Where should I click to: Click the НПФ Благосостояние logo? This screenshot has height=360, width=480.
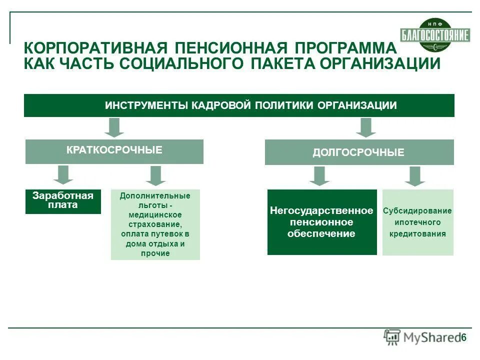point(434,34)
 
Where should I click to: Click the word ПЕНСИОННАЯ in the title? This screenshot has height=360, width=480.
point(231,49)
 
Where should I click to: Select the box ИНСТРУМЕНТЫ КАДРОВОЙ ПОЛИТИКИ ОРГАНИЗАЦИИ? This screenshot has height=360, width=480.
point(239,105)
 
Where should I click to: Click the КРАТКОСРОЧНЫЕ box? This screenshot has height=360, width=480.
point(114,151)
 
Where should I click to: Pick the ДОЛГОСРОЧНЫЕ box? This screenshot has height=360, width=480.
point(359,152)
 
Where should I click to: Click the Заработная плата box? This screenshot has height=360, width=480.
point(63,201)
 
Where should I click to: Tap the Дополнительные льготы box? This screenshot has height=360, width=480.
point(155,224)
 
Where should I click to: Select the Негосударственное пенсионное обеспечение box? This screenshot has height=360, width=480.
point(321,222)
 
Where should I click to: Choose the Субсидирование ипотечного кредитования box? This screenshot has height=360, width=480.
point(417,222)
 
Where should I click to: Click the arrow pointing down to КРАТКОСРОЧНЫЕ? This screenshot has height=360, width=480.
point(114,127)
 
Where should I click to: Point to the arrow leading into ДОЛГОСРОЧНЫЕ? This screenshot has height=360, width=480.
point(366,127)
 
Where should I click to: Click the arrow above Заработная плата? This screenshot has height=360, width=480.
point(63,175)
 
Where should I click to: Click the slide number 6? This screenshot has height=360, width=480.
point(463,337)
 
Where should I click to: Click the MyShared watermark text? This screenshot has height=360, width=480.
point(430,337)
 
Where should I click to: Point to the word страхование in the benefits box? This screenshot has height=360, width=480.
point(155,224)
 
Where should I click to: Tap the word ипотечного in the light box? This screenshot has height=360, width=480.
point(417,222)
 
